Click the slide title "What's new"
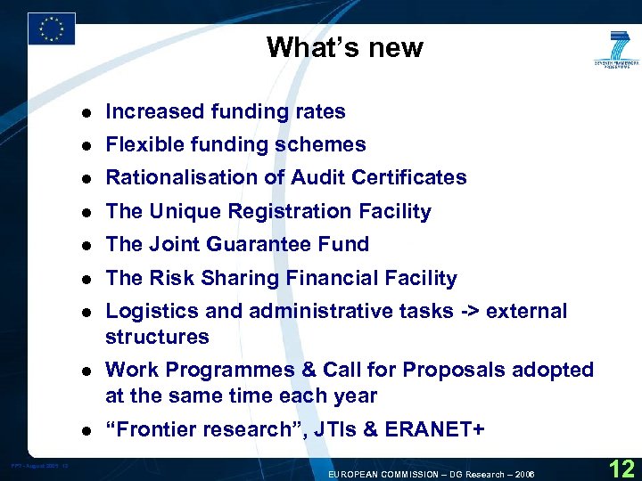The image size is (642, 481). click(x=344, y=47)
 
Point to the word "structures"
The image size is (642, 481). click(x=157, y=337)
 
